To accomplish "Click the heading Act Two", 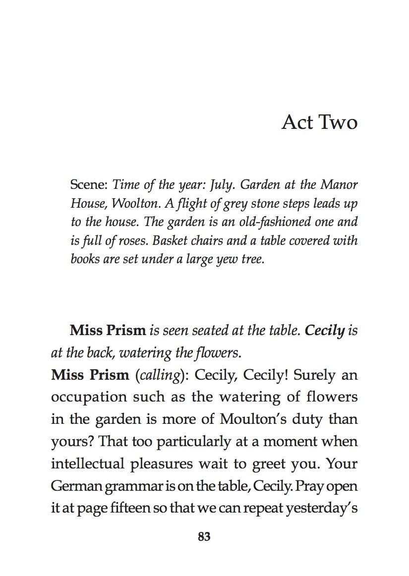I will [319, 122].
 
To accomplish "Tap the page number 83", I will [204, 536].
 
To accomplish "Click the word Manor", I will [339, 185].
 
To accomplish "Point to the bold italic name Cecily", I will [325, 331].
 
